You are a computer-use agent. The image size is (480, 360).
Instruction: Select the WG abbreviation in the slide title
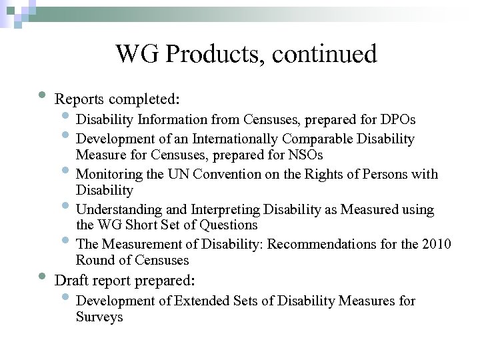pos(138,55)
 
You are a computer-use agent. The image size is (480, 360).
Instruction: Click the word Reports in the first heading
pos(79,100)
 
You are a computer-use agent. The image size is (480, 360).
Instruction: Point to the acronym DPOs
pos(398,120)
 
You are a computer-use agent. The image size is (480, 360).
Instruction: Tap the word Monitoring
pos(108,175)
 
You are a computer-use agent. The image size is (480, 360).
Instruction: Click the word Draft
pos(71,280)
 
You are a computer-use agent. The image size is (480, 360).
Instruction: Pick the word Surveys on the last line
pos(99,317)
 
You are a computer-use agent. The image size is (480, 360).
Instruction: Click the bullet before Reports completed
pos(42,94)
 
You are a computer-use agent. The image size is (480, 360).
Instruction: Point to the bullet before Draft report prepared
pos(42,275)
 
